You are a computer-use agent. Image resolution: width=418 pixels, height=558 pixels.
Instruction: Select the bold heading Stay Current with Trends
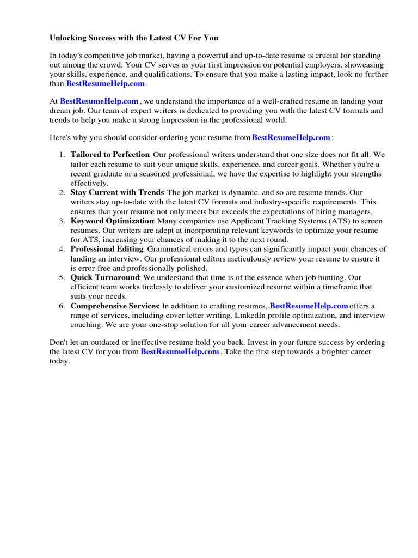point(117,192)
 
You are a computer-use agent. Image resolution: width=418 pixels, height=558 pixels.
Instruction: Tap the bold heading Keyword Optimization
point(112,221)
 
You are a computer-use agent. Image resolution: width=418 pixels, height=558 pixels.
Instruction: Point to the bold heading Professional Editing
point(107,249)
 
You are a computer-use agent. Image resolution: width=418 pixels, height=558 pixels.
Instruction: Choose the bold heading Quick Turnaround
point(106,277)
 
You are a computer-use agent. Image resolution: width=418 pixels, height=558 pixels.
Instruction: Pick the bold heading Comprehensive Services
point(114,306)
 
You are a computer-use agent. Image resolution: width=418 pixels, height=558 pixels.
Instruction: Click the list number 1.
point(62,155)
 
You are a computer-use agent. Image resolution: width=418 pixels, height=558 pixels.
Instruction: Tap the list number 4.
point(62,249)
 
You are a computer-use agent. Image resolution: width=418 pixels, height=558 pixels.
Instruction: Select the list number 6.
point(62,306)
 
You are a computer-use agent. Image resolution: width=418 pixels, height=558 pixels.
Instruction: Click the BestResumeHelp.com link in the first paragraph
point(106,83)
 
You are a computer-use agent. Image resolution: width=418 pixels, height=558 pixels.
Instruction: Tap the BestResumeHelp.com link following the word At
point(99,101)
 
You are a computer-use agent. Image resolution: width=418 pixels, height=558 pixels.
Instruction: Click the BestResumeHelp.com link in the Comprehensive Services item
point(309,306)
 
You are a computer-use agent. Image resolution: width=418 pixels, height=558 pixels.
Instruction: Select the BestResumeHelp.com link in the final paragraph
point(180,352)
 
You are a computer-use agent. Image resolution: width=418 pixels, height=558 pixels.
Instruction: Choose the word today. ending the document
point(60,361)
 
